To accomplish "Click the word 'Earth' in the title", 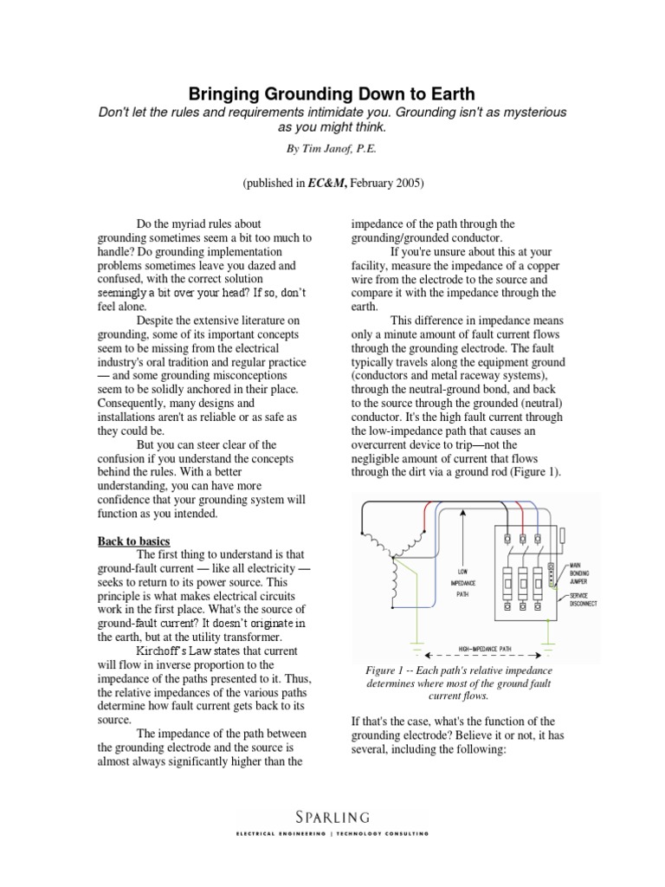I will [445, 93].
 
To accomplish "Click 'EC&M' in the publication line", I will [319, 183].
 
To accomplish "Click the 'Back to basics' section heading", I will [133, 541].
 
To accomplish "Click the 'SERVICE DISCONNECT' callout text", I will [584, 600].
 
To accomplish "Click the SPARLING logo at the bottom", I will [332, 816].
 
